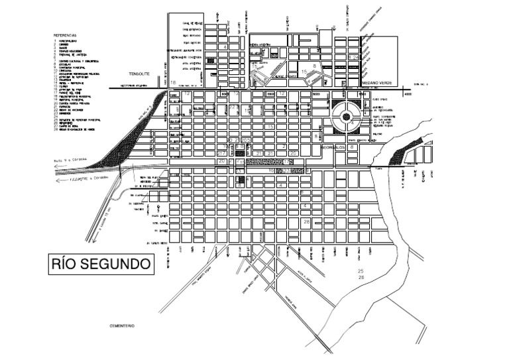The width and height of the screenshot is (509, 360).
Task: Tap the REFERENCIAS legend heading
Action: pos(66,34)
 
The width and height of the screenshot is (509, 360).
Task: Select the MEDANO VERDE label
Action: pos(376,83)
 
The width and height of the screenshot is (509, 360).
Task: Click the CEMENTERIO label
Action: pos(122,327)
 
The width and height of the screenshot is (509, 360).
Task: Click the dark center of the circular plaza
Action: pos(346,118)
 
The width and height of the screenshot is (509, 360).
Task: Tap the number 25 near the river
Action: pos(361,272)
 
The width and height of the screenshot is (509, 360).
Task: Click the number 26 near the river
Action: pos(361,278)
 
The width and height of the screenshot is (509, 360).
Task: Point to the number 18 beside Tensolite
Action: pos(174,82)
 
